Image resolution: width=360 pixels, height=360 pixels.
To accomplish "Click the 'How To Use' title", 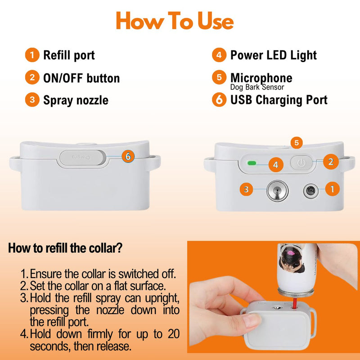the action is [x=175, y=21].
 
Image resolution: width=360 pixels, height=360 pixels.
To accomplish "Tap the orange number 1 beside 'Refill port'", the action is [x=32, y=55].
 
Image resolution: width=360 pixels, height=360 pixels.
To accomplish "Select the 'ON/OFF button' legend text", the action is [x=81, y=78].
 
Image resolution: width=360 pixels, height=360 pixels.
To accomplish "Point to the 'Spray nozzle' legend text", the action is [x=76, y=100].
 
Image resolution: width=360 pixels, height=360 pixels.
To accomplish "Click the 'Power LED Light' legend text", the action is [x=274, y=55].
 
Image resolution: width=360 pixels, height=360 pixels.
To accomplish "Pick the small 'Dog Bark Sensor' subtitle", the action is [x=257, y=87].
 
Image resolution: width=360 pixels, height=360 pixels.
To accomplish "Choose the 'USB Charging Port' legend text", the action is [x=279, y=100].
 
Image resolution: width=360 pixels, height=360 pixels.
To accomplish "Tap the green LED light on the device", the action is [x=252, y=163].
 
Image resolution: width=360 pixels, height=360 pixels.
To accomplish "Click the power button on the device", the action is [x=301, y=163].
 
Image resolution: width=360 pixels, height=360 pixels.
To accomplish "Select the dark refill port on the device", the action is [x=310, y=190].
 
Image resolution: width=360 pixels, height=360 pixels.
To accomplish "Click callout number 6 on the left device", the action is [x=128, y=156].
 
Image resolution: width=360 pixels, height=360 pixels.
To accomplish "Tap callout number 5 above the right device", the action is [x=297, y=143].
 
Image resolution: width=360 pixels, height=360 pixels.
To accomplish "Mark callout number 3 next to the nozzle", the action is [x=246, y=189].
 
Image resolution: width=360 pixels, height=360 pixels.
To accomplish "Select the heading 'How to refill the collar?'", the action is [x=65, y=248].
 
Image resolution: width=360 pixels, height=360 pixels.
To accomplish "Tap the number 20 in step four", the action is [x=174, y=333].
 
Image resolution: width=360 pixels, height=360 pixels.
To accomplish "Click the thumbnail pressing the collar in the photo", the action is [x=252, y=320].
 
